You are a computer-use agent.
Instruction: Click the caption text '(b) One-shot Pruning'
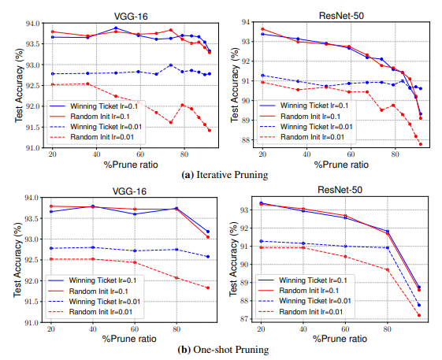tap(225, 350)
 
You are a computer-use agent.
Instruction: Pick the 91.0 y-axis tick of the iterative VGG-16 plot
tap(32, 147)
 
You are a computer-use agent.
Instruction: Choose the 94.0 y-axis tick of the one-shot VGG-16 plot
tap(32, 198)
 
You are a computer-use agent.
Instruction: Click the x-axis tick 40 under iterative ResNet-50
tap(299, 155)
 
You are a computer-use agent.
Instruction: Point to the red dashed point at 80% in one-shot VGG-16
tap(176, 277)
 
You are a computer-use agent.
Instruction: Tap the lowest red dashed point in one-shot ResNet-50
tap(418, 315)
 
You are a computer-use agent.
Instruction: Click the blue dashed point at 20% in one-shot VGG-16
tap(52, 248)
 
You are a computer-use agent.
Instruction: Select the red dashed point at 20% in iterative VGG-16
tap(52, 84)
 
